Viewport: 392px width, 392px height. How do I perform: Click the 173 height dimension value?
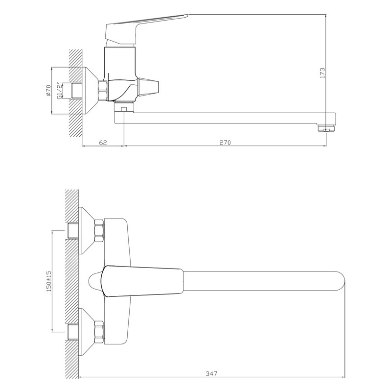pos(323,73)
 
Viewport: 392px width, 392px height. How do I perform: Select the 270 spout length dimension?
pos(225,143)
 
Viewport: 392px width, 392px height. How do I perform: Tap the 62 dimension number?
pos(103,143)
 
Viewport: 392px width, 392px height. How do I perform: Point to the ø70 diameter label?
pos(48,90)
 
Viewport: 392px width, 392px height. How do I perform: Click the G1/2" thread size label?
pos(59,91)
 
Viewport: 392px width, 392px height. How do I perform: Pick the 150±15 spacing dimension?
pos(48,281)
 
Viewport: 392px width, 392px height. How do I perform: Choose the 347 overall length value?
pos(211,374)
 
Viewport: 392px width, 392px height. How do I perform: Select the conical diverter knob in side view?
pos(148,88)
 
